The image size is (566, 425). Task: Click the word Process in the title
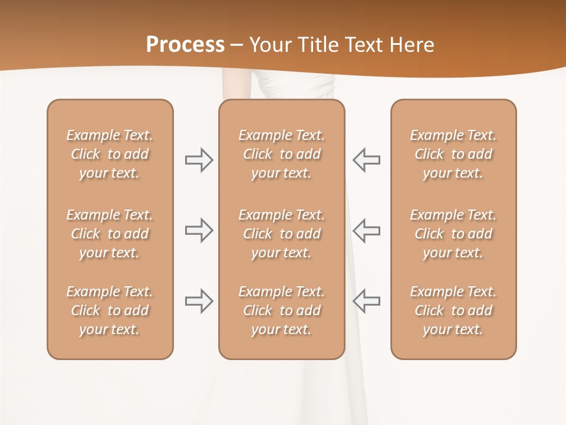click(x=185, y=45)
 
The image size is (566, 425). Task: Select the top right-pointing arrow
click(x=199, y=160)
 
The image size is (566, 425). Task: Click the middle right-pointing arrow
click(x=199, y=230)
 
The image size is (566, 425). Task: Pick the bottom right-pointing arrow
click(x=199, y=300)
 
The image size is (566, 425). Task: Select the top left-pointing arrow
click(x=366, y=160)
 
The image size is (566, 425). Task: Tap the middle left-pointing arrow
click(x=366, y=230)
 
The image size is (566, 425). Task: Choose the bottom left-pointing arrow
click(x=366, y=300)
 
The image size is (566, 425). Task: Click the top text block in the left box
click(x=110, y=154)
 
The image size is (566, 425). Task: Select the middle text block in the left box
click(x=110, y=234)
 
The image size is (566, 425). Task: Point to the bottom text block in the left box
click(x=110, y=310)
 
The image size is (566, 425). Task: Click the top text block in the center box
click(x=281, y=154)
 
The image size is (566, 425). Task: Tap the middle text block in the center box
click(x=281, y=234)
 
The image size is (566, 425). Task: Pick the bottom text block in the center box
click(x=281, y=310)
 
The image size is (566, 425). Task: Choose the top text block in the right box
click(x=453, y=154)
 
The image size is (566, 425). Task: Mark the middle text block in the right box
click(x=453, y=234)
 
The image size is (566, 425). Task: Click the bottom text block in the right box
click(x=453, y=310)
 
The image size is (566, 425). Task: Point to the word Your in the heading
click(x=269, y=45)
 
